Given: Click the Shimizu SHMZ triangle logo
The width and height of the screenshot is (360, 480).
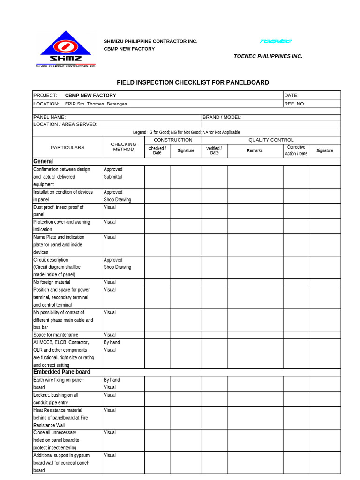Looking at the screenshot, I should point(66,49).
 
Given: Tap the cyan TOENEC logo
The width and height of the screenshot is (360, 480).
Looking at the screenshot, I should point(276,41).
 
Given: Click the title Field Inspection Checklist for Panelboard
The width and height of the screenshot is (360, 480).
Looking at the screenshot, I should point(193,82).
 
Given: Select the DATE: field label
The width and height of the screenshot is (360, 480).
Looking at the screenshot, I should point(291,95).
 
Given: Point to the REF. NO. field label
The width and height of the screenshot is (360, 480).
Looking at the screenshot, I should point(294,104).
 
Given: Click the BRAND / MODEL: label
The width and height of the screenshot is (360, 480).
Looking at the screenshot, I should point(222,117).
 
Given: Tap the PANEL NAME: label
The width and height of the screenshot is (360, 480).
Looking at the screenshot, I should point(50,117).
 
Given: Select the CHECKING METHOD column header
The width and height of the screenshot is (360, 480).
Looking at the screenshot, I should point(123,147).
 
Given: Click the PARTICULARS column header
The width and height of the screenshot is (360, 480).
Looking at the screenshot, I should point(67,147).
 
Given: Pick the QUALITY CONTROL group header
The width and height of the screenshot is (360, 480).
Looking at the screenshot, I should point(271,140).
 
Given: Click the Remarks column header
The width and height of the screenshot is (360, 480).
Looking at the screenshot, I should point(255,150).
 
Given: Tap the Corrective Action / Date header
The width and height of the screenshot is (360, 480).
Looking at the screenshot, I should point(296,150).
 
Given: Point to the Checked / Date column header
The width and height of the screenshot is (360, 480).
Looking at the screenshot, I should point(157,150).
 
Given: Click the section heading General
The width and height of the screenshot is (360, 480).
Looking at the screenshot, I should point(43,161).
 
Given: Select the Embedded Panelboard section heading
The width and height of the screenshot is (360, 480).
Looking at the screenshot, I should point(61,372).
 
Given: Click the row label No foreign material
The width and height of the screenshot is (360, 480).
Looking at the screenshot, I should point(52,282).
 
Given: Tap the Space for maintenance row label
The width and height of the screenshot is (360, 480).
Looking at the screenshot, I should point(56,335).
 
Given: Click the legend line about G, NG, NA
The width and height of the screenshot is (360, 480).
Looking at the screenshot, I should point(186,132).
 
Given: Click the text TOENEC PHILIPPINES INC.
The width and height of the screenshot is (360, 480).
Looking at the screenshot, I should point(268,56).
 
